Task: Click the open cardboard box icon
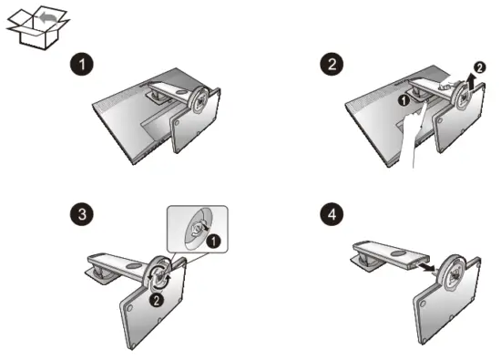37,29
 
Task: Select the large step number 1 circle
82,65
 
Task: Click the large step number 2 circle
332,65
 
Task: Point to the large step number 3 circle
82,213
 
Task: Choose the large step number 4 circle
332,213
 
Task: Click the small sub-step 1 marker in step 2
404,100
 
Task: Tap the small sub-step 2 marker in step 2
479,67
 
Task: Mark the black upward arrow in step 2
470,83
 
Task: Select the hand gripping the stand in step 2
448,84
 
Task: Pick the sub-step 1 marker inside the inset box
213,242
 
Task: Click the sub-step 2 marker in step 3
157,300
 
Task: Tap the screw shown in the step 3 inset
197,228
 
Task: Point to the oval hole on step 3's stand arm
132,266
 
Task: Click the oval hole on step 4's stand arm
398,253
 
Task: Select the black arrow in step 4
426,266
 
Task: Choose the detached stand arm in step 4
388,257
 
